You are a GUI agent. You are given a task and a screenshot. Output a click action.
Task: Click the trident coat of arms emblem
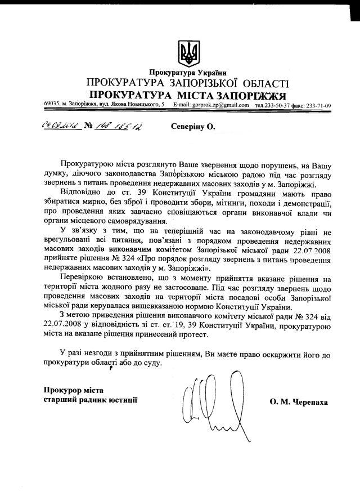tap(188, 53)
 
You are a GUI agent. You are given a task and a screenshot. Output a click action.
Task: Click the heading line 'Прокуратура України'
tap(188, 73)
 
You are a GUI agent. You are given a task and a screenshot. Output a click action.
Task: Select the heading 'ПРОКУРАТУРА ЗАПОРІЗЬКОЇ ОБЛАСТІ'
tap(187, 83)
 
